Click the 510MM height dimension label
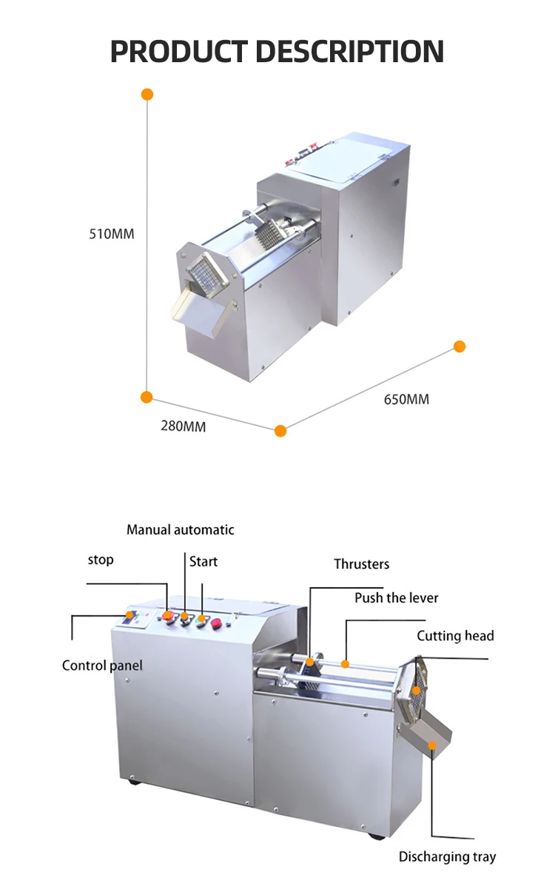click(x=112, y=234)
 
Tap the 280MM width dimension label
click(x=184, y=426)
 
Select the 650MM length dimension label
click(x=406, y=400)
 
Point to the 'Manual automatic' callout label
click(x=180, y=529)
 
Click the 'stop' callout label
click(x=101, y=560)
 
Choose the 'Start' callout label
click(x=203, y=562)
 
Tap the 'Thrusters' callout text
click(x=361, y=564)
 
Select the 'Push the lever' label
click(x=396, y=597)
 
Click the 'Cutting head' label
click(x=455, y=636)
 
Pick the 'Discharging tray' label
click(x=447, y=856)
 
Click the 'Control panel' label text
click(x=102, y=665)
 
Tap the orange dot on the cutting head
click(x=417, y=690)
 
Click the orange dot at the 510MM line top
click(x=147, y=94)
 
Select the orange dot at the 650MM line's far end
click(x=460, y=346)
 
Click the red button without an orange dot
click(x=218, y=624)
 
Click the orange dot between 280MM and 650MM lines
click(x=280, y=431)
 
